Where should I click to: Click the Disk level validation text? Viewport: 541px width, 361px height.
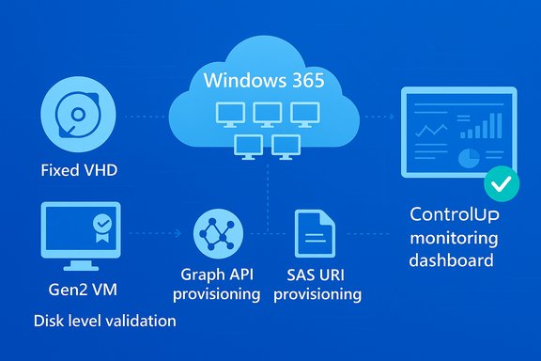point(104,321)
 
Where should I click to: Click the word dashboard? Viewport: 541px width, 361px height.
point(454,259)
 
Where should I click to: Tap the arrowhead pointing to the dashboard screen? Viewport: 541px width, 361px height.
point(390,118)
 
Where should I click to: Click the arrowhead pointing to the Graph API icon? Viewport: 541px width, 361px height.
point(179,231)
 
